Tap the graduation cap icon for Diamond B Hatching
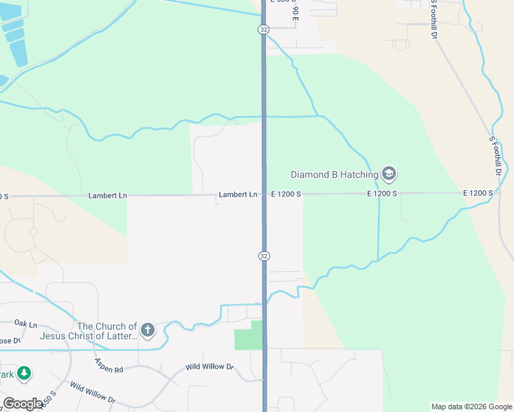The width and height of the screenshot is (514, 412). [x=388, y=174]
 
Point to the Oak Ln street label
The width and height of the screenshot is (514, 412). [x=25, y=323]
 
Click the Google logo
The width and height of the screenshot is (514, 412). [x=23, y=404]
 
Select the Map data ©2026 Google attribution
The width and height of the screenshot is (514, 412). [x=471, y=407]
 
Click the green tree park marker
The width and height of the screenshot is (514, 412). [x=25, y=374]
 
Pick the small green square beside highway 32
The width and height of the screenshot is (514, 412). [x=248, y=335]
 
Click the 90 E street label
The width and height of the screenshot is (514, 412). [x=293, y=13]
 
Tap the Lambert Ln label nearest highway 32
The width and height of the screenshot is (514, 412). [x=238, y=195]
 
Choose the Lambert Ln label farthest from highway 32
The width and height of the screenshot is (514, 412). [x=108, y=196]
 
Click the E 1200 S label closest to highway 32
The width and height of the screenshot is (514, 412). [x=286, y=194]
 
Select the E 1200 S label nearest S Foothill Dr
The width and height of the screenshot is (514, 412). [x=478, y=194]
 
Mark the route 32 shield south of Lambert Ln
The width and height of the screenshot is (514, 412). [x=264, y=255]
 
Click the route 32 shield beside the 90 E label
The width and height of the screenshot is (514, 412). [x=264, y=30]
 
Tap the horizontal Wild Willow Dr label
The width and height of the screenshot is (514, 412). [x=210, y=367]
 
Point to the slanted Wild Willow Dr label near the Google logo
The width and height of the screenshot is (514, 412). [x=92, y=394]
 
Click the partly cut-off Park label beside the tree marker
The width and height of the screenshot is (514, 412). [x=6, y=374]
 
